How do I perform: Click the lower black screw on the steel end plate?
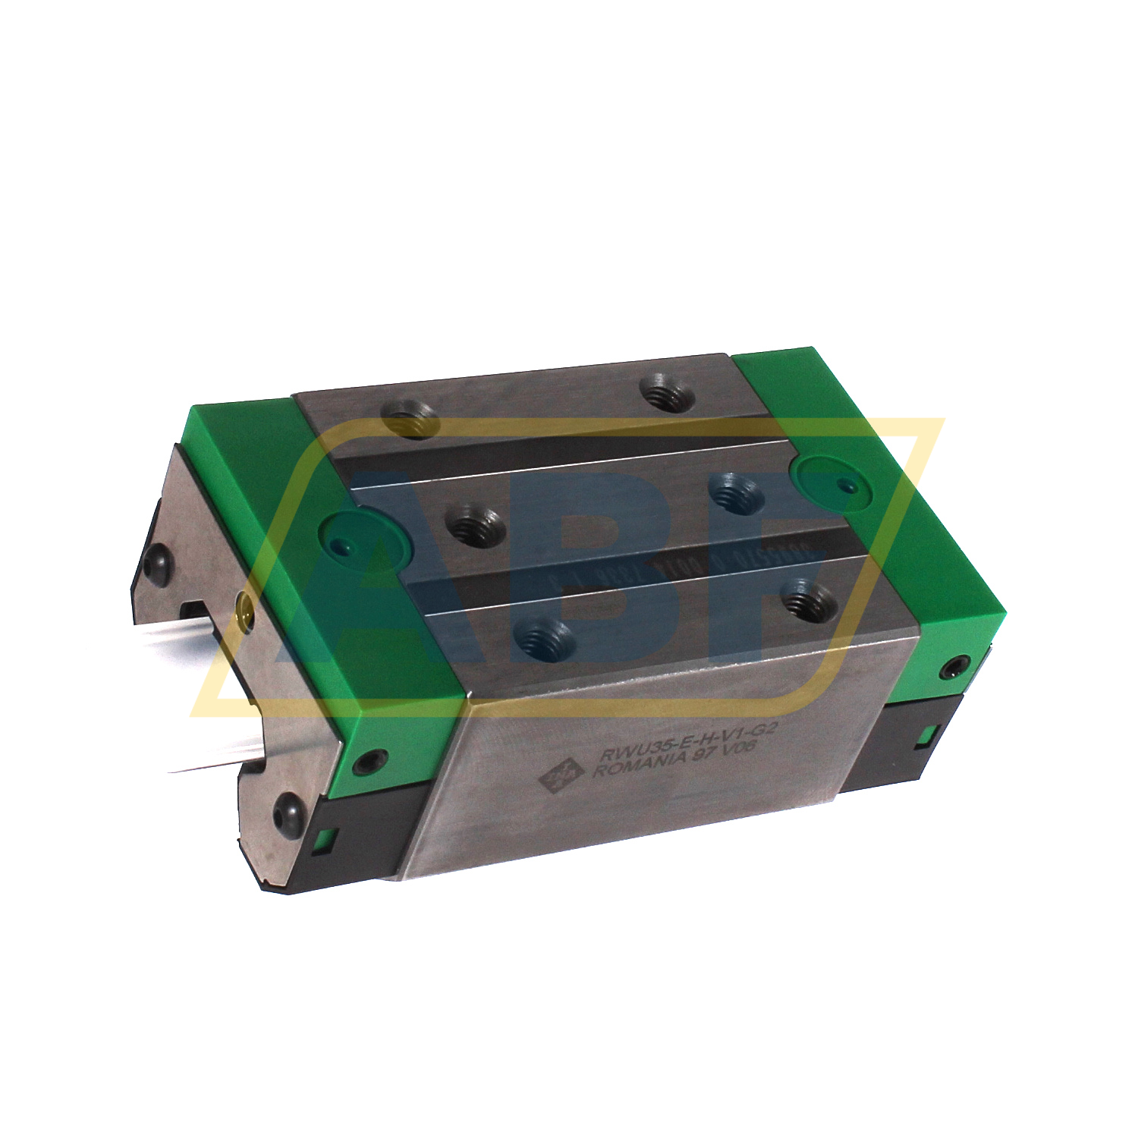(289, 810)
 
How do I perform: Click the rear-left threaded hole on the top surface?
(410, 419)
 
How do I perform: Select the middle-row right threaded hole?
(735, 492)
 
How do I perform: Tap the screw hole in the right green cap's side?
(951, 669)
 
